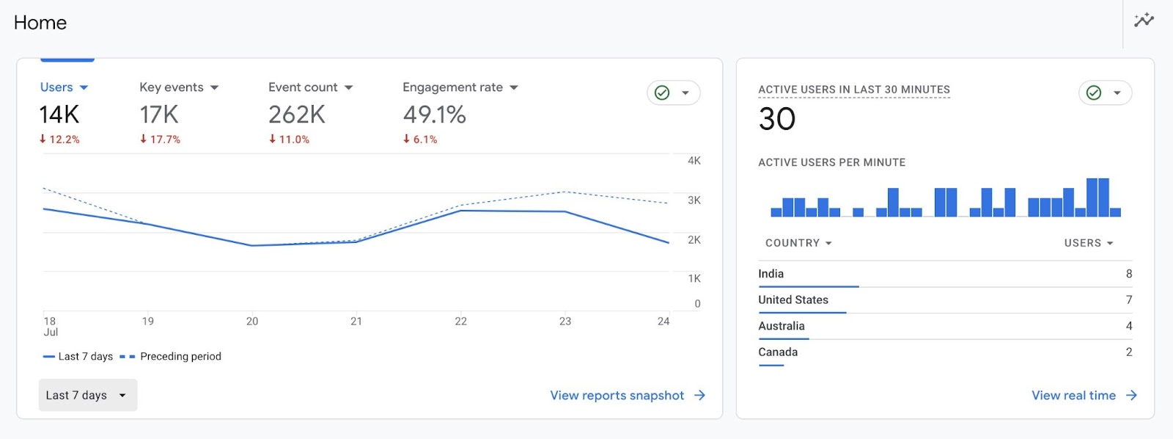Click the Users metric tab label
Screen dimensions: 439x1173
point(56,87)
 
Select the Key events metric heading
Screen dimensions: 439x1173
point(172,87)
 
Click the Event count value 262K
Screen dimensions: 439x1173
point(296,115)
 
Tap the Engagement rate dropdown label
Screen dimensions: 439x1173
point(452,87)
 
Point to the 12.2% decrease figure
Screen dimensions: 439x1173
point(60,139)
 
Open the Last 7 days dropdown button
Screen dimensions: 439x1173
point(87,395)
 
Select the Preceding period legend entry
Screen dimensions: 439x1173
point(180,357)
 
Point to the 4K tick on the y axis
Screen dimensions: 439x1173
point(694,161)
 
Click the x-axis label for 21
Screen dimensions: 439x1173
point(356,322)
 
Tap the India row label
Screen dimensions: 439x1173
point(771,274)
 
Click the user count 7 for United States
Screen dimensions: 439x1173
point(1129,300)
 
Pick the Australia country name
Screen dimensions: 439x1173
point(781,326)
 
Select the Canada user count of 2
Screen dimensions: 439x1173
point(1129,352)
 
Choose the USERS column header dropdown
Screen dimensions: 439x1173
point(1089,243)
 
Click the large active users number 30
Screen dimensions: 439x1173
point(777,119)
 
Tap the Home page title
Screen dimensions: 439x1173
point(40,23)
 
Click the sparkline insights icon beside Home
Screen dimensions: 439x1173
point(1144,21)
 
